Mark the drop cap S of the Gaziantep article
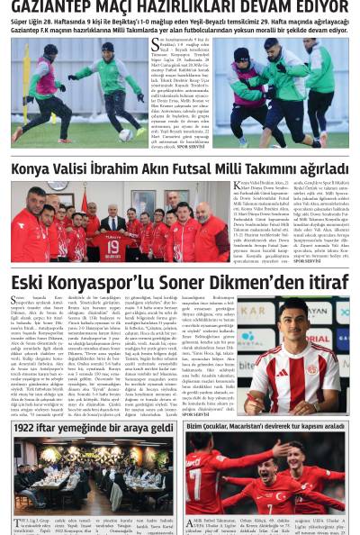[x=155, y=43]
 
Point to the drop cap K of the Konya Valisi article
[x=238, y=187]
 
